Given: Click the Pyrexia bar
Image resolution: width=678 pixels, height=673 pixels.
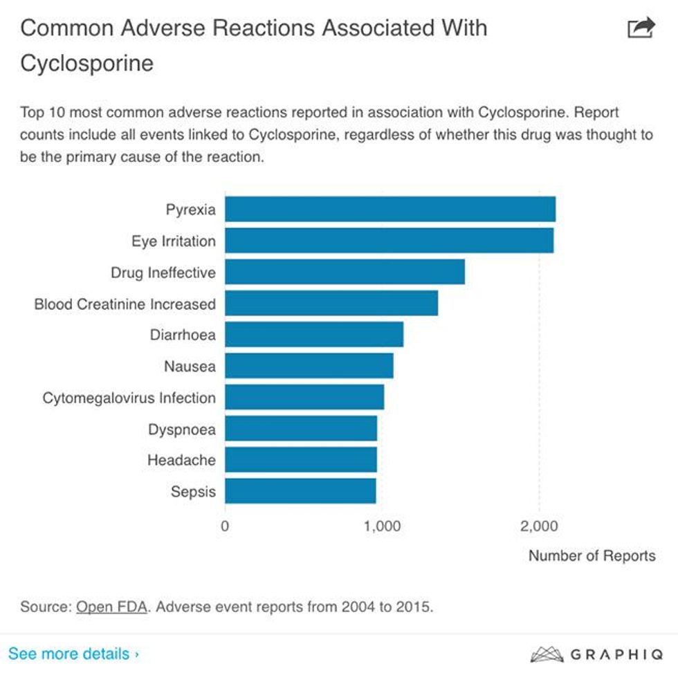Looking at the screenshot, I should (x=390, y=209).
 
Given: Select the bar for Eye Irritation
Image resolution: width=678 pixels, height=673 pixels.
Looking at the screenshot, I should (x=389, y=241).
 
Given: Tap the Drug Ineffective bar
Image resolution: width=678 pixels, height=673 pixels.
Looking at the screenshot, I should (x=345, y=272).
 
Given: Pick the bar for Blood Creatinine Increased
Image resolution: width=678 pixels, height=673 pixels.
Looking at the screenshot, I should (x=331, y=303).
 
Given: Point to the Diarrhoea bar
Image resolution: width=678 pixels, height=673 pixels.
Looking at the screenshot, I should (x=314, y=335).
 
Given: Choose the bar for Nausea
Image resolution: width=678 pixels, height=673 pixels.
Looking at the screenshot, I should (x=309, y=366).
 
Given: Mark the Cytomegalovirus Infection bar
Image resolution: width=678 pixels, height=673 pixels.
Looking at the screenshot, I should (x=304, y=397).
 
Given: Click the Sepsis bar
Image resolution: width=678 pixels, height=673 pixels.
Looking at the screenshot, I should (x=300, y=491).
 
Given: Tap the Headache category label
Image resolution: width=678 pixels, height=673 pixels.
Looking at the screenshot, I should (x=181, y=460).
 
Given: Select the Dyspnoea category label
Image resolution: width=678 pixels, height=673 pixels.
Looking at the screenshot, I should (x=182, y=430).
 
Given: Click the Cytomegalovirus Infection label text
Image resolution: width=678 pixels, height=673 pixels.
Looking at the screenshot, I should (x=129, y=398).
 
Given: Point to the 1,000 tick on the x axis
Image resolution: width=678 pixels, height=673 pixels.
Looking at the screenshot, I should (x=382, y=526).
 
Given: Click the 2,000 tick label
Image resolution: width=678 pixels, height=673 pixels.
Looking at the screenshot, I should (x=539, y=526).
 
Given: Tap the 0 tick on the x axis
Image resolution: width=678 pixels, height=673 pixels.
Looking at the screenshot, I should (x=226, y=526).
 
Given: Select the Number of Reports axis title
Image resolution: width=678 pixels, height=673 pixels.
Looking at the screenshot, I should (x=592, y=555).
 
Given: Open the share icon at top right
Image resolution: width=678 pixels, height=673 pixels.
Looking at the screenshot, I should (x=640, y=28).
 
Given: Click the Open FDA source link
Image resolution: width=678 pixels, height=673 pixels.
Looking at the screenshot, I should (x=111, y=607).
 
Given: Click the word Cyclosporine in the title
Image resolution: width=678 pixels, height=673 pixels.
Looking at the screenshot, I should (x=87, y=63).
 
